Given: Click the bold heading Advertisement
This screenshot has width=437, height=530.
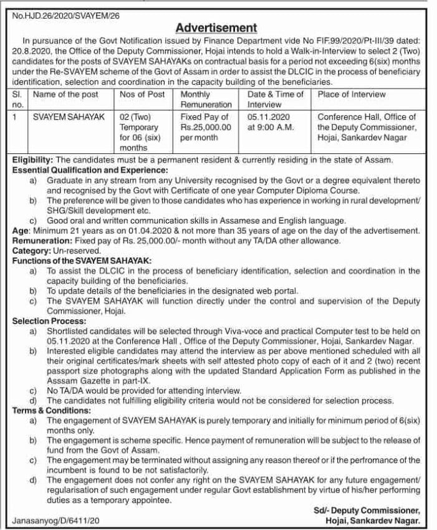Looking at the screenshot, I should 216,27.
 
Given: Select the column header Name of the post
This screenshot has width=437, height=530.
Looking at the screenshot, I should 65,95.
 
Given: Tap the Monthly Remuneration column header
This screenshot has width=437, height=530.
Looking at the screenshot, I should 206,100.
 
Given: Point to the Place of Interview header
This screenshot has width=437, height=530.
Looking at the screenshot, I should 352,95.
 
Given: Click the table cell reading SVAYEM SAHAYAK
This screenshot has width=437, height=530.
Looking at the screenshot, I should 69,117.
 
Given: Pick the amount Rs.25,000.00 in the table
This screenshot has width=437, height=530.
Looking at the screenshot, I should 206,127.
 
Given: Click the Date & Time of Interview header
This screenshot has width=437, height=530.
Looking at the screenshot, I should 275,100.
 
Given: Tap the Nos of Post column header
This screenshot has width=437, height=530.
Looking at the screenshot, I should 142,95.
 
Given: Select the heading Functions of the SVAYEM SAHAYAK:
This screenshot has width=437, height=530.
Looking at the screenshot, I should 82,260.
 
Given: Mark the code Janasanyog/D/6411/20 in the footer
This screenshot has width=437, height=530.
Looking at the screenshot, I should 55,519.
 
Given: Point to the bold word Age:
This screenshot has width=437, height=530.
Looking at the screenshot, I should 21,230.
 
